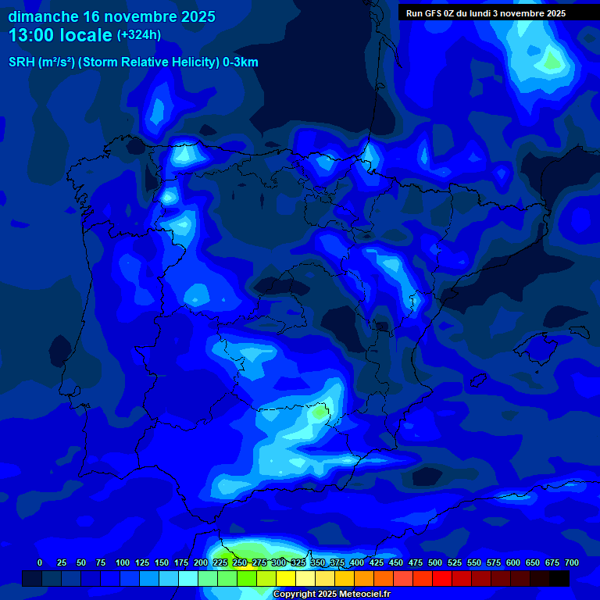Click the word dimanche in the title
coord(43,16)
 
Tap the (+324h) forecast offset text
coord(139,35)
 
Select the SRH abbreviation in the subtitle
coord(22,62)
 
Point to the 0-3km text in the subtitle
coord(241,62)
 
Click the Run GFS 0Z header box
coord(486,13)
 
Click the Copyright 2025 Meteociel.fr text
coord(331,594)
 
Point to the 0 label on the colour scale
coord(40,562)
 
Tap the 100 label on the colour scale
coord(123,562)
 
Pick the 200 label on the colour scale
coord(201,562)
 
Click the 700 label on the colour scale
coord(572,562)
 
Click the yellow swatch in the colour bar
coord(286,578)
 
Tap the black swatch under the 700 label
coord(559,578)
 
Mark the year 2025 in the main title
coord(198,16)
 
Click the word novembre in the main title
coord(139,16)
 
